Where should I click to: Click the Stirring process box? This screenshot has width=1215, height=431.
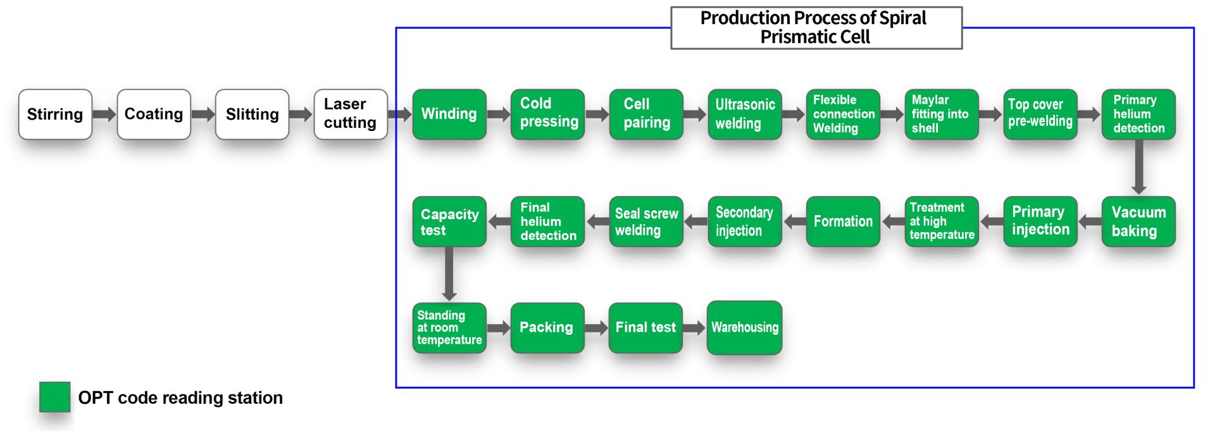pyautogui.click(x=55, y=114)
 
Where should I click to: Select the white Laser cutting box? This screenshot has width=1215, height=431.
pyautogui.click(x=351, y=114)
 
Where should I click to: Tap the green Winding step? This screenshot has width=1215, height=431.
pyautogui.click(x=449, y=114)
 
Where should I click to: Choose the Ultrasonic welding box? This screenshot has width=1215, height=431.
pyautogui.click(x=745, y=114)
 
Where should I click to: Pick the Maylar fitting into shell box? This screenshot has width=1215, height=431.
pyautogui.click(x=942, y=114)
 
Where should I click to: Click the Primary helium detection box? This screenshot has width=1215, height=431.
pyautogui.click(x=1138, y=114)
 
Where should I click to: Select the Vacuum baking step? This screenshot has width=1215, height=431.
pyautogui.click(x=1138, y=222)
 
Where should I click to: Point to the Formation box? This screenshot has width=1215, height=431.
pyautogui.click(x=843, y=222)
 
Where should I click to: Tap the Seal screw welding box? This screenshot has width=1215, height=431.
pyautogui.click(x=646, y=222)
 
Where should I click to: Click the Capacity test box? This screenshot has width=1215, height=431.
pyautogui.click(x=449, y=222)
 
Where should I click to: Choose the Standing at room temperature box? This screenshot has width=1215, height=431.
pyautogui.click(x=449, y=327)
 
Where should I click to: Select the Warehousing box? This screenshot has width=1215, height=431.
pyautogui.click(x=745, y=327)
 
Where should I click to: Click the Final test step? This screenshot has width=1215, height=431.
pyautogui.click(x=645, y=327)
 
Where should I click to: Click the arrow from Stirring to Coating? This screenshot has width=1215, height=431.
pyautogui.click(x=104, y=115)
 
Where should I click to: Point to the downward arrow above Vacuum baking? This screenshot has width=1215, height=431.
pyautogui.click(x=1139, y=167)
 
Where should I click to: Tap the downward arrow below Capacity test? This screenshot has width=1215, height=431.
pyautogui.click(x=449, y=273)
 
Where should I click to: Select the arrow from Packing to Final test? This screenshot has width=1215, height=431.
pyautogui.click(x=597, y=328)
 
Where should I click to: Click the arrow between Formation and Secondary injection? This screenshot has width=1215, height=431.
pyautogui.click(x=794, y=222)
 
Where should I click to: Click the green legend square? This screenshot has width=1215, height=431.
pyautogui.click(x=55, y=397)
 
